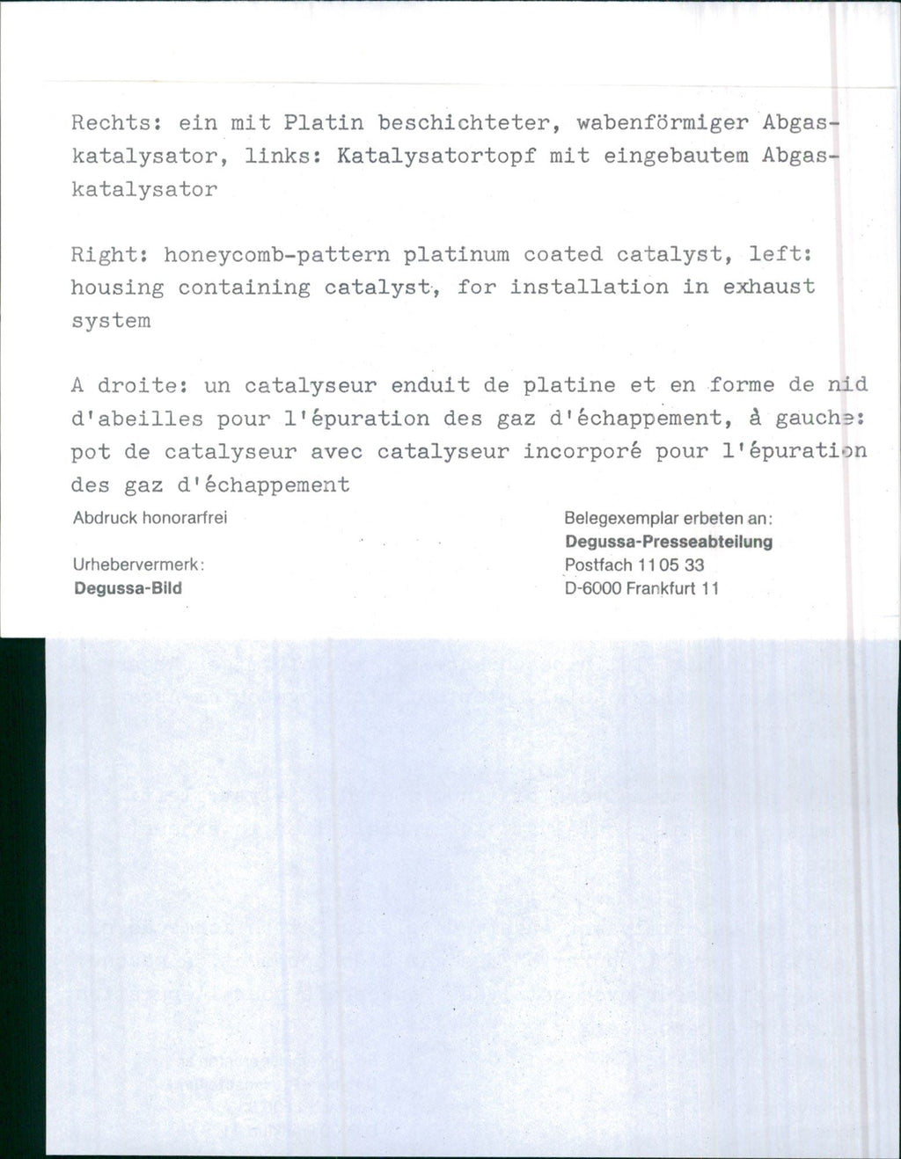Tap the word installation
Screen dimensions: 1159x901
click(590, 288)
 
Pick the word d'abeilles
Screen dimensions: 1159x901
click(137, 419)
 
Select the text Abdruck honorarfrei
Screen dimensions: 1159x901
click(150, 518)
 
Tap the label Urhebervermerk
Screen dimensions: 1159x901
click(139, 565)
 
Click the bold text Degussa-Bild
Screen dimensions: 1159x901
click(128, 588)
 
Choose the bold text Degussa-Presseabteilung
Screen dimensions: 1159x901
click(669, 542)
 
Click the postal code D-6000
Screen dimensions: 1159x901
click(593, 588)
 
